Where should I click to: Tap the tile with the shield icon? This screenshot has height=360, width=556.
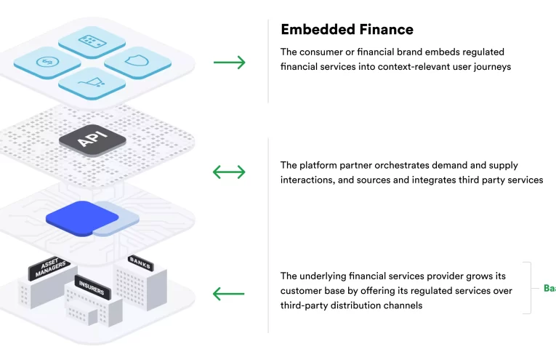137,63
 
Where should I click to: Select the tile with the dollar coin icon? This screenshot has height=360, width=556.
48,61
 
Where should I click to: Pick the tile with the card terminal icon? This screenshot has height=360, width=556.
92,41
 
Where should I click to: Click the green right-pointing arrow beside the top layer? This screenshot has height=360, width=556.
229,63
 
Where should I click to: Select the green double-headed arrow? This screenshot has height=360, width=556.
229,172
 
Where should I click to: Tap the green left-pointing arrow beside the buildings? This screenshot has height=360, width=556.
229,294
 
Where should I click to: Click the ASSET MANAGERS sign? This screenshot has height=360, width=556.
49,267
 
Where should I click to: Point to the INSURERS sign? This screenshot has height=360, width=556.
92,289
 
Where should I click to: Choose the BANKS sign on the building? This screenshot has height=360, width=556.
140,263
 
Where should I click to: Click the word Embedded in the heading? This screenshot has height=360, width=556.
315,30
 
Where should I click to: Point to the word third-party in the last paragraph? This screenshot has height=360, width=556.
305,305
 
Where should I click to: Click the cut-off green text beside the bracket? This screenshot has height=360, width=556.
549,288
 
